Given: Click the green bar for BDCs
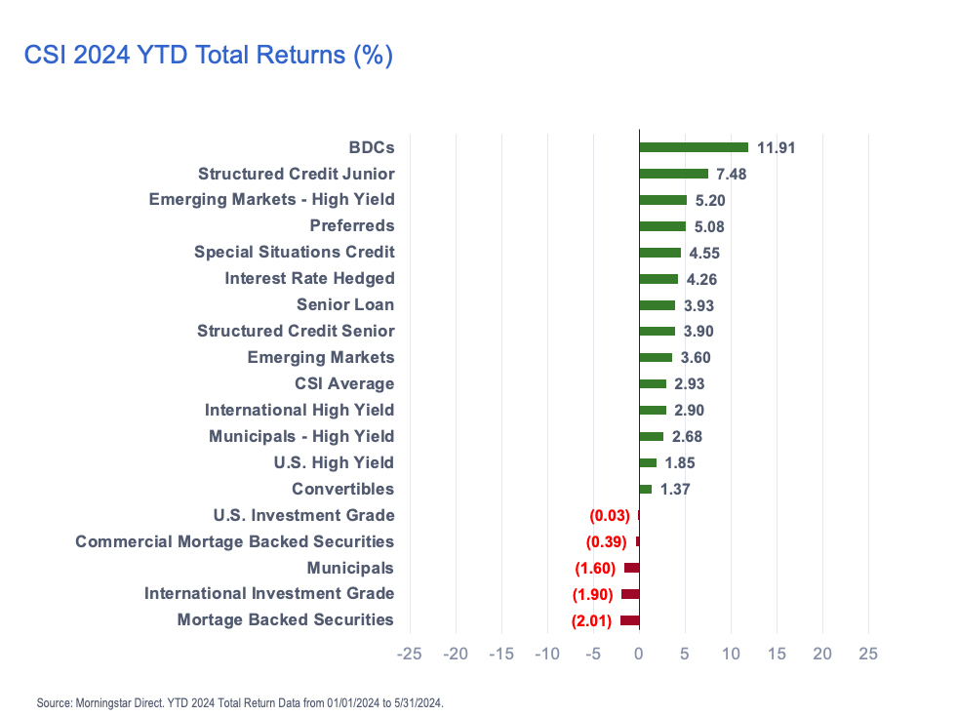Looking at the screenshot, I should point(693,147).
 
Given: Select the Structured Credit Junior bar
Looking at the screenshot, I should point(673,174).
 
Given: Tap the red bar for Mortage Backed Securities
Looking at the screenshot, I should point(629,620).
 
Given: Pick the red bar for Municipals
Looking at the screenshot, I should point(631,568).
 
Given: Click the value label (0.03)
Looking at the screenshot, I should point(609,515).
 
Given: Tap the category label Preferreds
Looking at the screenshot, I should point(352,226).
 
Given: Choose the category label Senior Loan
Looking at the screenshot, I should point(345,305).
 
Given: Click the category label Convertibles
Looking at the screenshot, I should point(342,489).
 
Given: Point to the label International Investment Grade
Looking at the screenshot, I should point(269,594).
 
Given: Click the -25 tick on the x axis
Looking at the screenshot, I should point(410,654).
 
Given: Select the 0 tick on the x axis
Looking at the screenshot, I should point(639,654).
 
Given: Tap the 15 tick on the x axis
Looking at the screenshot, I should point(777,654).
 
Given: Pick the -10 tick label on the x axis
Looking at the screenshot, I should point(547,654).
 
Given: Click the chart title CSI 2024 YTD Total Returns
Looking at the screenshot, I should point(208,56).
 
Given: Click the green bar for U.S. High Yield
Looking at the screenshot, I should point(648,462).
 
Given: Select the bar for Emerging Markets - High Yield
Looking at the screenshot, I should point(662,200).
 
